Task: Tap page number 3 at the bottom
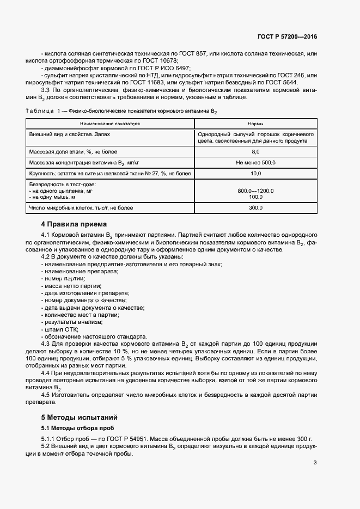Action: point(315,463)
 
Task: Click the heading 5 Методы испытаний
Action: point(78,417)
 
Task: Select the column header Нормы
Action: point(255,124)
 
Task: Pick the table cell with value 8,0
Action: point(255,151)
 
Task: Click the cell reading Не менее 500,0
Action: point(255,162)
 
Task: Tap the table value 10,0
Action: point(255,173)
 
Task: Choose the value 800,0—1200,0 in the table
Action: point(255,191)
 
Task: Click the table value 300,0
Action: point(255,207)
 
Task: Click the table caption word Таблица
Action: point(39,112)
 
